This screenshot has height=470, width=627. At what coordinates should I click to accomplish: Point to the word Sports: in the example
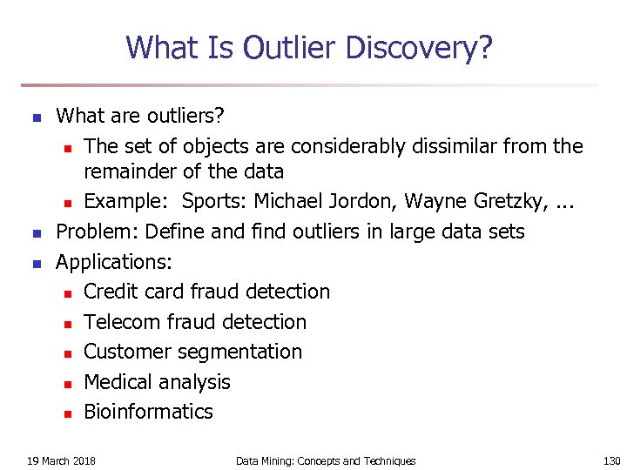pyautogui.click(x=216, y=202)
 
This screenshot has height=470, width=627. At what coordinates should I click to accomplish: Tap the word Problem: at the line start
pyautogui.click(x=98, y=232)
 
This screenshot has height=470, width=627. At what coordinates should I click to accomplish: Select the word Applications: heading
pyautogui.click(x=114, y=261)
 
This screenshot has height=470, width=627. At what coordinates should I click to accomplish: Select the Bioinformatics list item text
pyautogui.click(x=148, y=412)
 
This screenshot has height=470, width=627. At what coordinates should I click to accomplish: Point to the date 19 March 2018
pyautogui.click(x=61, y=460)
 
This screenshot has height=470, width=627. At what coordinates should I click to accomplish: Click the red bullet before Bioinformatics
pyautogui.click(x=66, y=413)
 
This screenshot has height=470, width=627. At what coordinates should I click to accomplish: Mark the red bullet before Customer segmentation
pyautogui.click(x=66, y=353)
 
